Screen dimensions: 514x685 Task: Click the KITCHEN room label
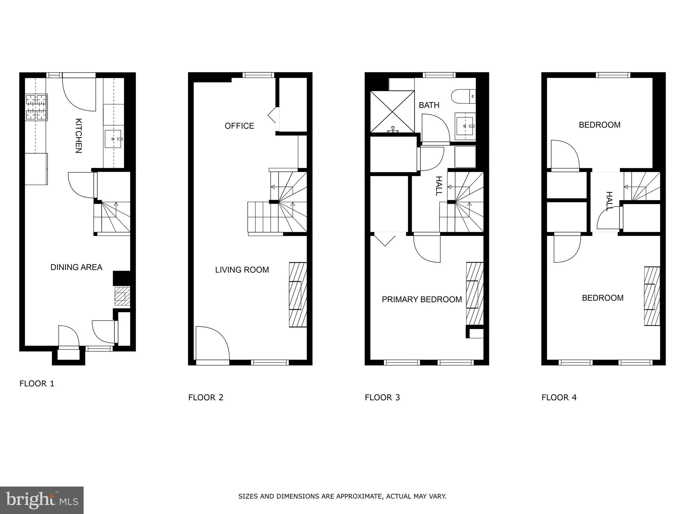(78, 136)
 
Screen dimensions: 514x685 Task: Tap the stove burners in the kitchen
(36, 107)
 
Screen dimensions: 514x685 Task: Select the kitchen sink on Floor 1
(113, 139)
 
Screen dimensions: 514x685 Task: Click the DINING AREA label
(76, 267)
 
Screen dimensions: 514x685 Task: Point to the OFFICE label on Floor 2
(239, 126)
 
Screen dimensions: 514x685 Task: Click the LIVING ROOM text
(242, 270)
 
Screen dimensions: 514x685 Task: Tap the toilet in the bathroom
(463, 96)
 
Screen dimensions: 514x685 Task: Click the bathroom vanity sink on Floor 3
(465, 126)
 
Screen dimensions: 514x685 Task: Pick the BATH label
(429, 105)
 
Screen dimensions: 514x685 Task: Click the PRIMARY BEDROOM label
(422, 299)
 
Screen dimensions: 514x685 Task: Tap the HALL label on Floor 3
(439, 186)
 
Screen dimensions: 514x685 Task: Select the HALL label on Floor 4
(609, 201)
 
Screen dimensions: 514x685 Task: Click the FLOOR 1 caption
(37, 383)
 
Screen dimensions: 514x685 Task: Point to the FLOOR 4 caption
(559, 397)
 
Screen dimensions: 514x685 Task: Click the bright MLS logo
(42, 500)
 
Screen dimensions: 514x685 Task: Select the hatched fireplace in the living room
(298, 294)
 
